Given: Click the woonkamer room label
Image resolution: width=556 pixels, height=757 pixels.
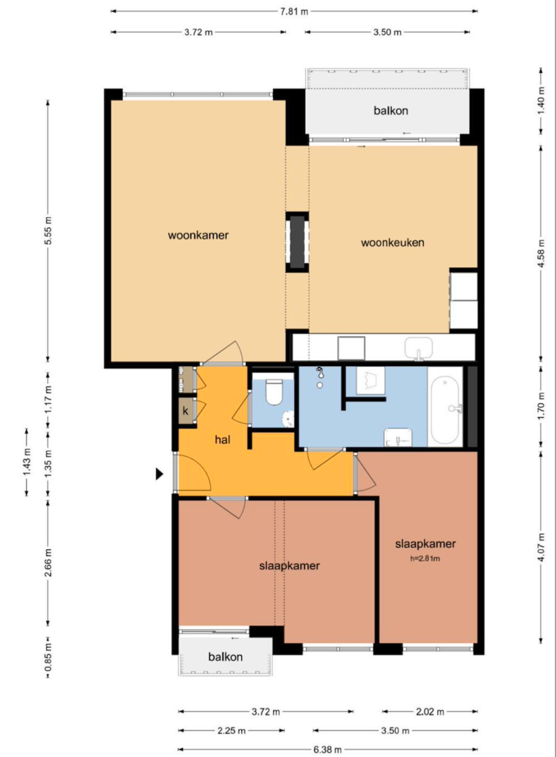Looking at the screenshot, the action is pos(198,235).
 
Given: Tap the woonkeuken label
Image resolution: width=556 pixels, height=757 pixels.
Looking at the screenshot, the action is pos(393,243).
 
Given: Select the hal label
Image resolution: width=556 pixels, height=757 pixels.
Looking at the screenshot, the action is pos(222,439).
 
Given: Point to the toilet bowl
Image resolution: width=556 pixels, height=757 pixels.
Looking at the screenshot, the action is pos(274,392).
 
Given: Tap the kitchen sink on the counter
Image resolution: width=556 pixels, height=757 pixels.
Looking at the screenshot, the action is pos(419,348).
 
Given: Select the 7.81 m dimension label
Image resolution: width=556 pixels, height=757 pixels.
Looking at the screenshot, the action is pos(294,11).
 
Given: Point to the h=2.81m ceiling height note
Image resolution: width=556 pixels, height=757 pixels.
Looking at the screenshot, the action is pos(425,558).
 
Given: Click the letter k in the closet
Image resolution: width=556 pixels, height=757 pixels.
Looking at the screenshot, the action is pos(185,411).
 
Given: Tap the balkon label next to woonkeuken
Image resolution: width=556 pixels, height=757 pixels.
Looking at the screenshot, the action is pos(391,111).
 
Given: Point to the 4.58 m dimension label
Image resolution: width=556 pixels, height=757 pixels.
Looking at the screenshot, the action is pos(541,254).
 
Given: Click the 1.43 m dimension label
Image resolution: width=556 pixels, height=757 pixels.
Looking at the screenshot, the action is pos(27,462).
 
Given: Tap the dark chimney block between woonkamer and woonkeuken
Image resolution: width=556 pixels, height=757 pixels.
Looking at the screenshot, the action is pos(297,242).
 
